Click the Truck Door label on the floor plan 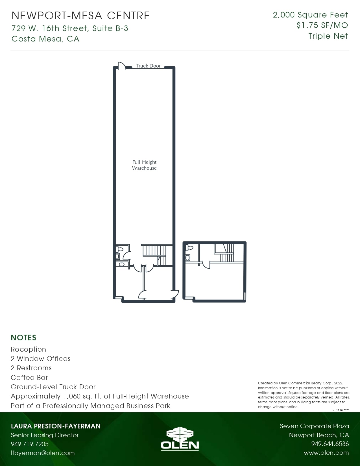[148, 66]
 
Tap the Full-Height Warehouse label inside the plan [144, 165]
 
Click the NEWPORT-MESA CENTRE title [80, 16]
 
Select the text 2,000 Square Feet [310, 15]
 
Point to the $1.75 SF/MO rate [322, 25]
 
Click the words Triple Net [328, 36]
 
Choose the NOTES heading [23, 337]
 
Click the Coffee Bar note [29, 377]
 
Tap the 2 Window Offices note [40, 358]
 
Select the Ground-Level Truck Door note [53, 387]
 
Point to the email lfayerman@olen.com [43, 453]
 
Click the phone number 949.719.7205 [30, 444]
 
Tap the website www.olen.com [326, 453]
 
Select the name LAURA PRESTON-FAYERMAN [56, 426]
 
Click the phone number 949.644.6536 [330, 444]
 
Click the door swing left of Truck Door [121, 66]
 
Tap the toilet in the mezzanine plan [190, 248]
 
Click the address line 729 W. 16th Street [70, 28]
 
